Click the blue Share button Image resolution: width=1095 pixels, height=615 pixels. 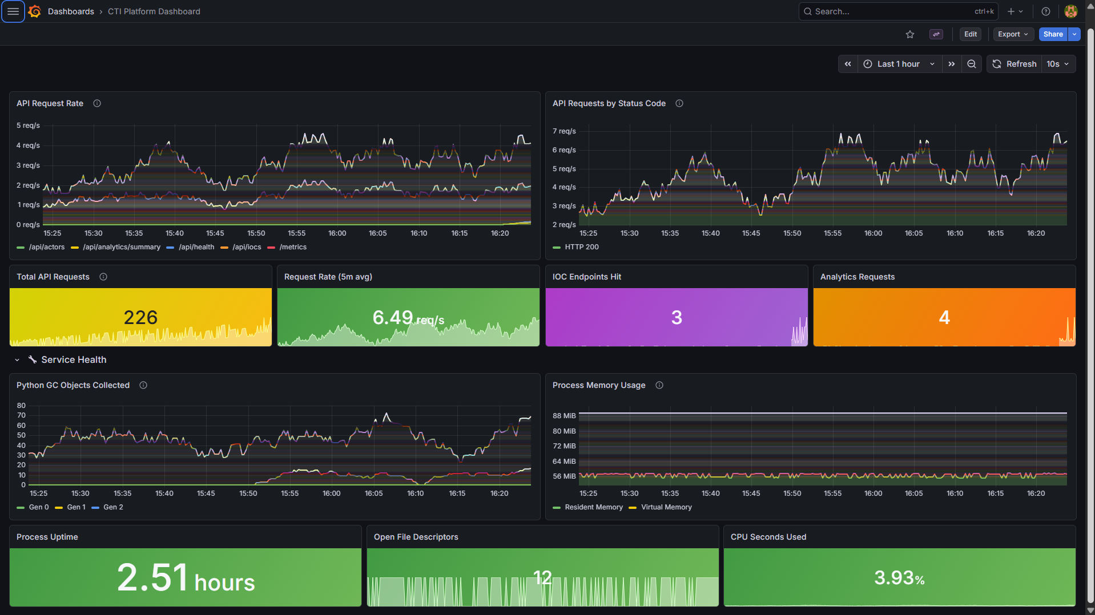point(1052,34)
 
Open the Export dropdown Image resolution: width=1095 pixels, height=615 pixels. point(1013,34)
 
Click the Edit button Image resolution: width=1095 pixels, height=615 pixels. point(970,34)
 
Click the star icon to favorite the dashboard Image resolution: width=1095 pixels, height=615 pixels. point(910,34)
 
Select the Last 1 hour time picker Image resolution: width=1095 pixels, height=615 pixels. point(899,64)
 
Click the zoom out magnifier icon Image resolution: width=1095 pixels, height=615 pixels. point(971,64)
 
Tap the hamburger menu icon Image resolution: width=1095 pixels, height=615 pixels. point(13,11)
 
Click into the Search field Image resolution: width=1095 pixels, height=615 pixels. point(891,11)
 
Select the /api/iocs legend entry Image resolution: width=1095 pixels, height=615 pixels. point(247,247)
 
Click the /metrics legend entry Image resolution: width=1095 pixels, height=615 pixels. point(293,247)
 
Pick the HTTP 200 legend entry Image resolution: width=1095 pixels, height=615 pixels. point(581,247)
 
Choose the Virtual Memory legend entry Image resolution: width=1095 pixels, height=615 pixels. point(666,507)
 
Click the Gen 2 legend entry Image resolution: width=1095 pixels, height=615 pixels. point(112,507)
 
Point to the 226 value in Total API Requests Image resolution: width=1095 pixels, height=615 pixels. point(140,317)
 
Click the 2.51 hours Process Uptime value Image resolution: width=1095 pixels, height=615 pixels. point(186,578)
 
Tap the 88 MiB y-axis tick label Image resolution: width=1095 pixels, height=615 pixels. point(564,416)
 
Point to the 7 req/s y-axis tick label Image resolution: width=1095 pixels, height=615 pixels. point(564,131)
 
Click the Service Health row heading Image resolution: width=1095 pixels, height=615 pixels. point(74,359)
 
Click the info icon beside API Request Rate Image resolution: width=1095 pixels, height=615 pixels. point(97,103)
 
